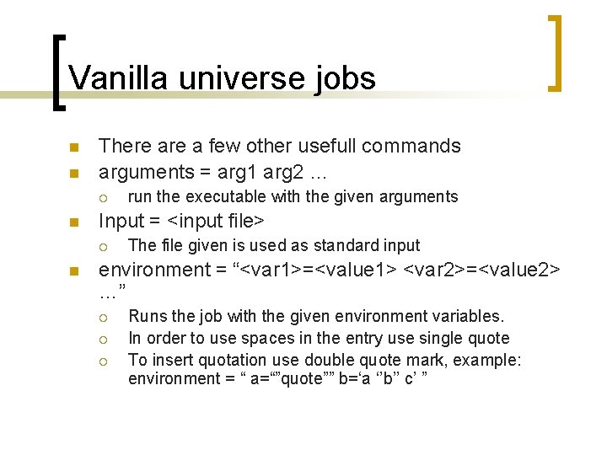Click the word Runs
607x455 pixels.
(x=148, y=317)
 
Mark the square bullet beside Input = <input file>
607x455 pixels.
(x=73, y=222)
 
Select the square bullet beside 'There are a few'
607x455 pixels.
(x=73, y=147)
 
